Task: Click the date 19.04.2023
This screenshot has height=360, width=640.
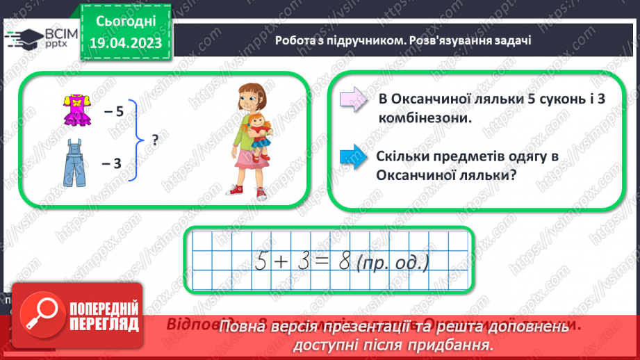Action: (126, 43)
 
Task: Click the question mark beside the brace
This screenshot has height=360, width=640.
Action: (154, 140)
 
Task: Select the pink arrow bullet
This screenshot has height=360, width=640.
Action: (353, 99)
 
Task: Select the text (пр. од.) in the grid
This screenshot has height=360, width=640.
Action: (392, 263)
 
